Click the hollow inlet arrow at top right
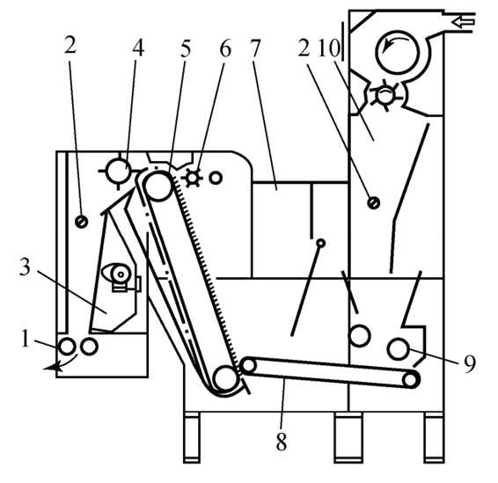[463, 22]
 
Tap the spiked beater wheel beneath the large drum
[385, 95]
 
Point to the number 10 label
[329, 48]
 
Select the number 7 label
[255, 48]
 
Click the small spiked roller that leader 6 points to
[193, 177]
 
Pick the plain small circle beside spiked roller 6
[216, 178]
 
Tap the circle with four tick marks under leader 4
[119, 172]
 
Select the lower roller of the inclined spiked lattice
[225, 378]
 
